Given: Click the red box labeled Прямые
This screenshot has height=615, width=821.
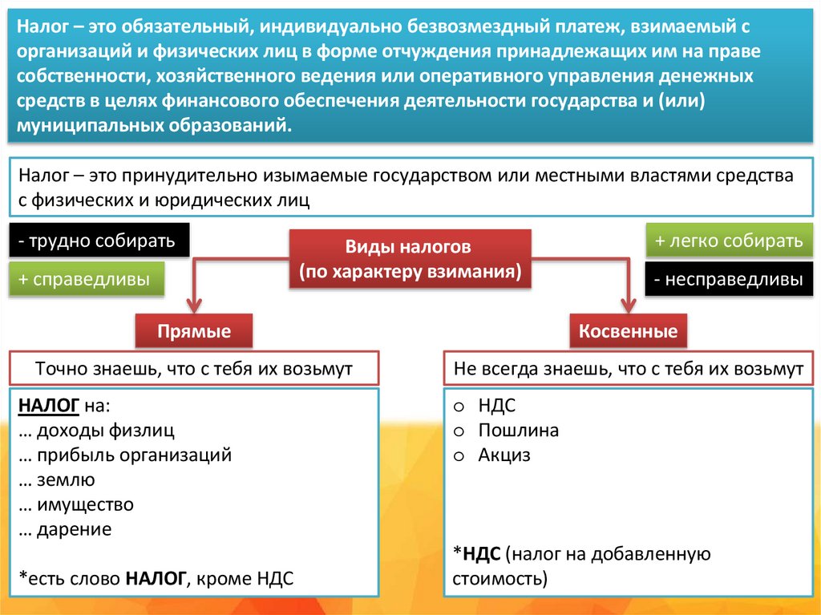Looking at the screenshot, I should click(x=194, y=331).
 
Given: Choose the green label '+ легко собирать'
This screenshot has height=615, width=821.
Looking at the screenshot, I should click(x=728, y=241).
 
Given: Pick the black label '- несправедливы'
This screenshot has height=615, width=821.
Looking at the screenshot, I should click(x=728, y=280).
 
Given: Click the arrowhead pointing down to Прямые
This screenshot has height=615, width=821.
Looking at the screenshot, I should click(x=194, y=304).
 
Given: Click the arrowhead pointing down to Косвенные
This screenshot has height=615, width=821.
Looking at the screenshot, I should click(x=628, y=304).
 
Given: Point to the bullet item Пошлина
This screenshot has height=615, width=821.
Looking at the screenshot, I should click(x=518, y=431).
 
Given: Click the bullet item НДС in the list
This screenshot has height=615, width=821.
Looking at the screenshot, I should click(x=496, y=406).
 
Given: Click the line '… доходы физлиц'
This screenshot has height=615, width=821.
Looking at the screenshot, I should click(x=95, y=431).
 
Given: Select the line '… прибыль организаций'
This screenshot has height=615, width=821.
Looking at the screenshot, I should click(x=124, y=455).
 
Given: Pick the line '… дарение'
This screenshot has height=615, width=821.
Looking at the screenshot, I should click(x=64, y=529).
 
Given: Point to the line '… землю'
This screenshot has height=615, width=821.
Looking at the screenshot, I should click(x=55, y=480).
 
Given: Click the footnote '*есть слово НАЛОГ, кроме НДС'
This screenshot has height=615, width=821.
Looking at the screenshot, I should click(x=156, y=578).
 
